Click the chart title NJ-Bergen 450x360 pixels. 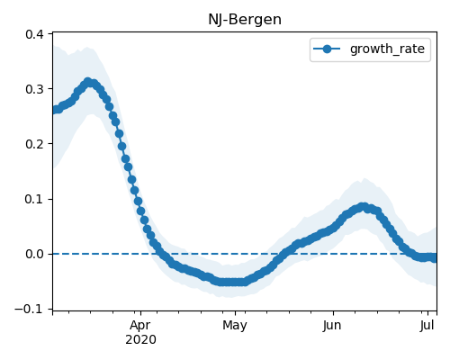(x=245, y=20)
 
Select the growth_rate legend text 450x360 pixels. (x=387, y=49)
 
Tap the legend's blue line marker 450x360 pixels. (x=327, y=49)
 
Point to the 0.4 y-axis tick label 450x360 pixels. (x=34, y=34)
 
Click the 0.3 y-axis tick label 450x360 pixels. (x=34, y=89)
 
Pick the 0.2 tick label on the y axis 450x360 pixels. (x=34, y=144)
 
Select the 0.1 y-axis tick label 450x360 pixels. (x=34, y=199)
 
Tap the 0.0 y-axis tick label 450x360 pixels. (x=34, y=254)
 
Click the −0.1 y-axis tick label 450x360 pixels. (x=30, y=309)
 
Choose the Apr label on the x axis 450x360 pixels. (x=140, y=326)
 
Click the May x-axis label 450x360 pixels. (x=235, y=326)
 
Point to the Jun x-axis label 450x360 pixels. (x=332, y=326)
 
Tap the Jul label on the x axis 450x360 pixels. (x=427, y=326)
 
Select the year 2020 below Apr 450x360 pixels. (x=140, y=340)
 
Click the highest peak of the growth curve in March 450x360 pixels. (x=88, y=82)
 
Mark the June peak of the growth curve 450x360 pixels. (x=364, y=207)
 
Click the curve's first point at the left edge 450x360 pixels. (x=55, y=110)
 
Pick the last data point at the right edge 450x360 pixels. (x=435, y=258)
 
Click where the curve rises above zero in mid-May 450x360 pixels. (x=283, y=254)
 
